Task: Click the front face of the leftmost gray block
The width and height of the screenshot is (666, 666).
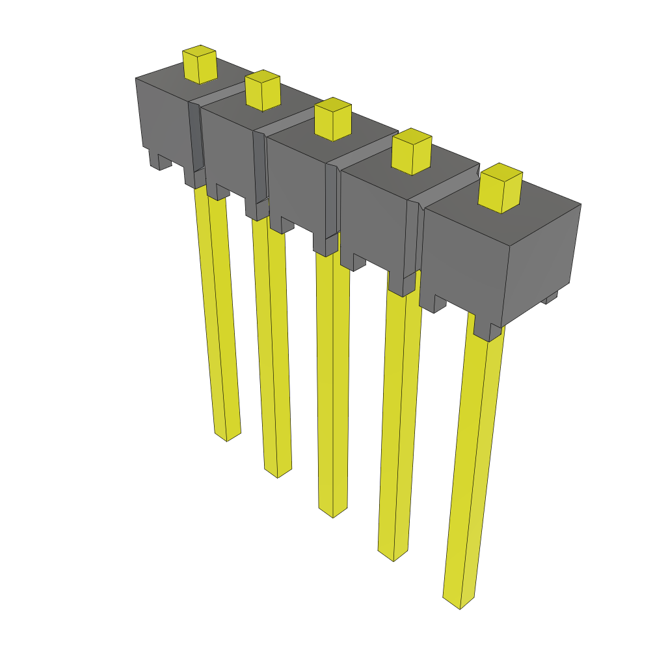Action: click(163, 117)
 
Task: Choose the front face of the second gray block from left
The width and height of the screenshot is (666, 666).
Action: click(228, 153)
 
